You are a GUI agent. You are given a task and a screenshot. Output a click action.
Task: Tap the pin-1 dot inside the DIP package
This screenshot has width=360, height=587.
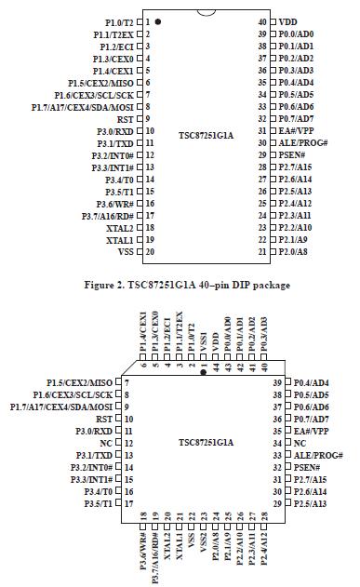pyautogui.click(x=158, y=20)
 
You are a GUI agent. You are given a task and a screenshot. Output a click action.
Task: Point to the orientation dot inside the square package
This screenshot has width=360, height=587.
pyautogui.click(x=204, y=370)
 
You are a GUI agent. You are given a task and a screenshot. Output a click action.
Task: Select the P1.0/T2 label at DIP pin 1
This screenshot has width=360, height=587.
pyautogui.click(x=119, y=20)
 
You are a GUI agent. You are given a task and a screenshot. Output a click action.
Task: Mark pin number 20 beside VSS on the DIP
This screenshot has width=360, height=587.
pyautogui.click(x=149, y=251)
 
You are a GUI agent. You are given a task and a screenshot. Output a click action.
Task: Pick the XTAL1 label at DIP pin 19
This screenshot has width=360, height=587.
pyautogui.click(x=119, y=239)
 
